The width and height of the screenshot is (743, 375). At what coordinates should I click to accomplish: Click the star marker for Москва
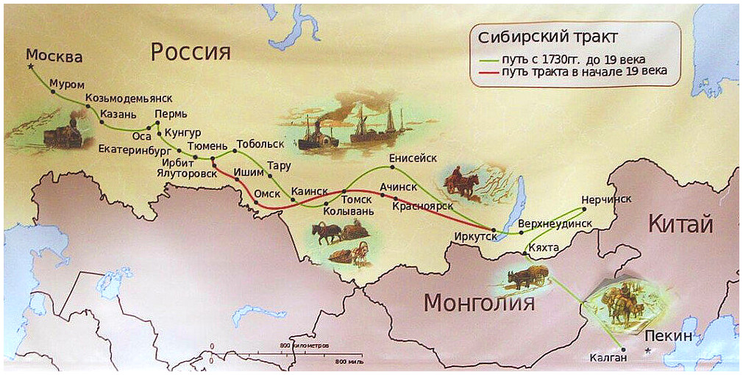tap(31, 67)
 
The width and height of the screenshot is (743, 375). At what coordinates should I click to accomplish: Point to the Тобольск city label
tap(260, 143)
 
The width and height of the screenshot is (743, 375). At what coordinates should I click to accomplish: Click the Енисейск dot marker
tap(393, 167)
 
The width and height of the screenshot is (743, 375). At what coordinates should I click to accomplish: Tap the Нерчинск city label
tap(605, 199)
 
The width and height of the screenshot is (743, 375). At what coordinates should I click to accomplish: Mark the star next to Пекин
tap(647, 350)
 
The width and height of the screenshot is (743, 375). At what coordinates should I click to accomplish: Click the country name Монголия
tap(478, 302)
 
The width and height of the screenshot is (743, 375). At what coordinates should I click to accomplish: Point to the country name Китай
tap(680, 224)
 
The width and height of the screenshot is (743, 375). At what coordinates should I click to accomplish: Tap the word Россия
tap(191, 51)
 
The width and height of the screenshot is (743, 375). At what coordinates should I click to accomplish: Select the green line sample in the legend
tap(487, 59)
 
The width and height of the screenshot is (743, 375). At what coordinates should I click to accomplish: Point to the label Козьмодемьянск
tap(128, 98)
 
